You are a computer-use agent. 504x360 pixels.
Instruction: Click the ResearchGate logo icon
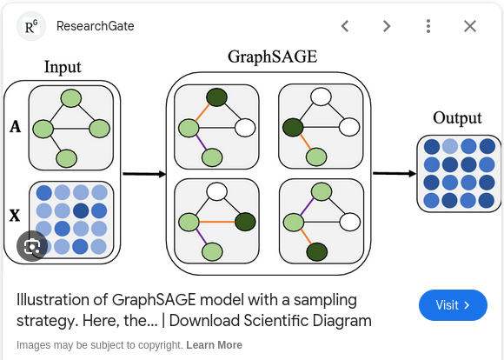(31, 26)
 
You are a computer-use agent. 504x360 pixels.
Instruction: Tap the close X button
(470, 26)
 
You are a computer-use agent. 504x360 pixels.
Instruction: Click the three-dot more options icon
(428, 26)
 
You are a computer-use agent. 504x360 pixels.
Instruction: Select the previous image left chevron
(345, 26)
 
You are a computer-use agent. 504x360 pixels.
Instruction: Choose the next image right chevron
(387, 26)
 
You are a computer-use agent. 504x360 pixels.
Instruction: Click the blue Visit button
(453, 305)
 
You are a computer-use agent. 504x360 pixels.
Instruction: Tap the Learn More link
(214, 345)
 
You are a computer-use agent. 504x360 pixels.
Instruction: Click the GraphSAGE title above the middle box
(273, 57)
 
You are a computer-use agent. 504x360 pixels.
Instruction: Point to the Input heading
(63, 67)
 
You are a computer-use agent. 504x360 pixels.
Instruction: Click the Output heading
(457, 118)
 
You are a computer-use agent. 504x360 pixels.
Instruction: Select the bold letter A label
(15, 127)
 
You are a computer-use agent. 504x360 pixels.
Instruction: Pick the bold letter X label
(15, 216)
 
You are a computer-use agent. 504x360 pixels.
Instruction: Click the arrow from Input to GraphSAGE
(144, 174)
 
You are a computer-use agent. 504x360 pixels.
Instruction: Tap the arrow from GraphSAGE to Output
(395, 173)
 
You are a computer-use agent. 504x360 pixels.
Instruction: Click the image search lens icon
(32, 246)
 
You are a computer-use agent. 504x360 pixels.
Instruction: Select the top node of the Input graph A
(71, 98)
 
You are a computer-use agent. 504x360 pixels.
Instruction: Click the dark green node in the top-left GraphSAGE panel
(217, 97)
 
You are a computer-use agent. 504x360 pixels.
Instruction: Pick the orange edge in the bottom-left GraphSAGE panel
(217, 222)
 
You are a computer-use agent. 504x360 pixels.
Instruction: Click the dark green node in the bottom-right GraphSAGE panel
(317, 252)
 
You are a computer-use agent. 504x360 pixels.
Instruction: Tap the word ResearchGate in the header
(95, 26)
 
